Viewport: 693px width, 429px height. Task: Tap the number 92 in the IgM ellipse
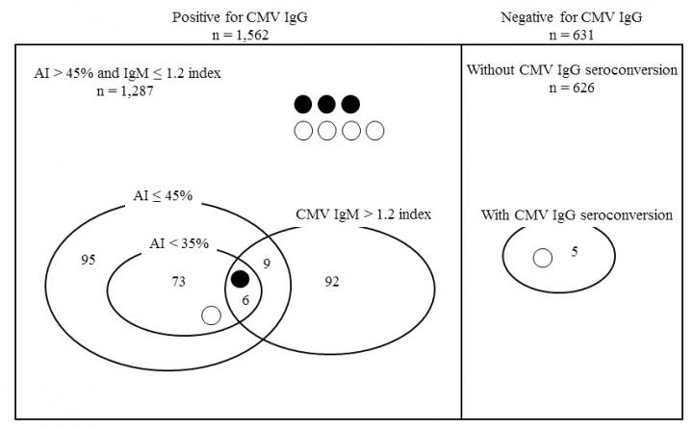[333, 281]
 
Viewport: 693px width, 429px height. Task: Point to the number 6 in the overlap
[245, 300]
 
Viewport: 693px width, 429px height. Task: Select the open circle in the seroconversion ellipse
[542, 258]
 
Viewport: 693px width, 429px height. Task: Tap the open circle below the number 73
[211, 314]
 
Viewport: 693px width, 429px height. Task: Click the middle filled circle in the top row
[327, 104]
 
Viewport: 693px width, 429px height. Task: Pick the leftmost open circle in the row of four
[303, 131]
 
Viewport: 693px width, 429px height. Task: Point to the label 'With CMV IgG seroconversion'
[576, 214]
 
